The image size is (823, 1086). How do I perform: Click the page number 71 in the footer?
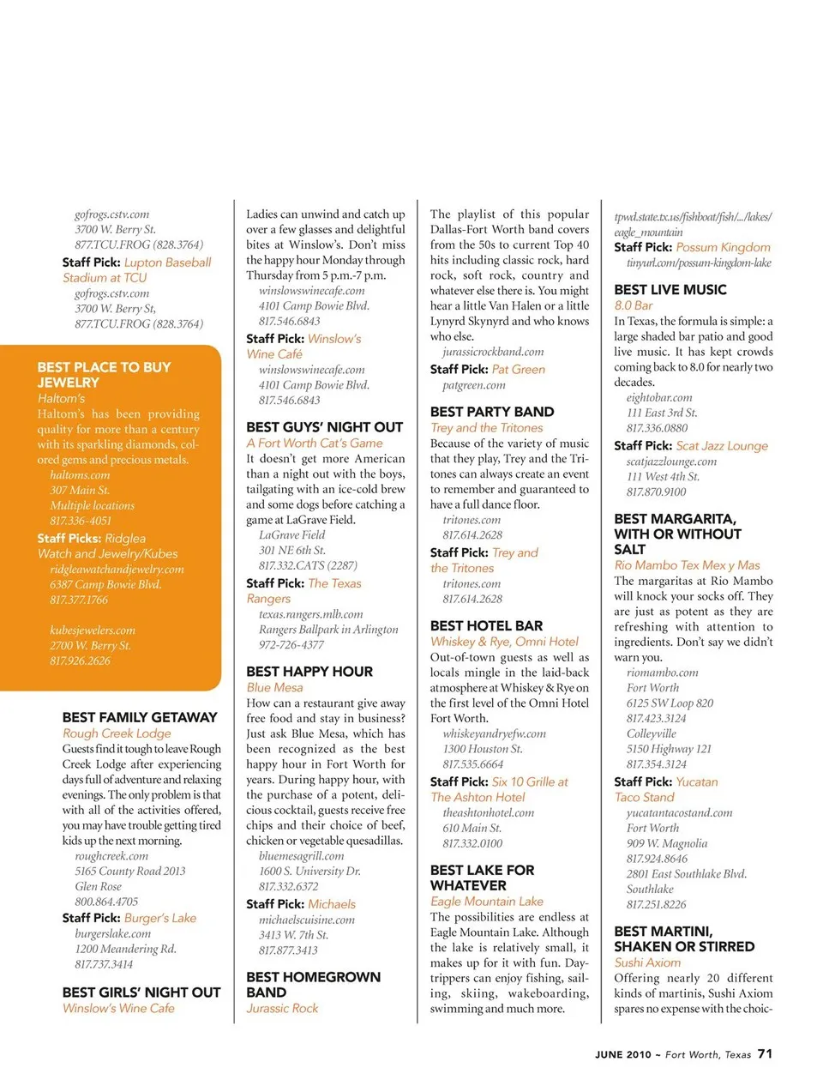(765, 1053)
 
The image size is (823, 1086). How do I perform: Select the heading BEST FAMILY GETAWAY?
(140, 717)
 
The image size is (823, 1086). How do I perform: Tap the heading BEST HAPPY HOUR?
(309, 672)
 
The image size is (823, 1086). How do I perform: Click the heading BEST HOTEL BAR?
(486, 626)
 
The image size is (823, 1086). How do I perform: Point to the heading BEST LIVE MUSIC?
(670, 290)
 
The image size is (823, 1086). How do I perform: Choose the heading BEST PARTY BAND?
(492, 412)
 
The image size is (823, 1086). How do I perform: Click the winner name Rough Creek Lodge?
(117, 733)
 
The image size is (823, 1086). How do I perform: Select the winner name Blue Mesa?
(274, 688)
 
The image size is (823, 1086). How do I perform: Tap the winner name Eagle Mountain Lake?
(486, 902)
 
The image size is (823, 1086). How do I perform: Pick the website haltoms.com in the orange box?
(80, 475)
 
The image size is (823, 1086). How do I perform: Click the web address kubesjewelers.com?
(93, 630)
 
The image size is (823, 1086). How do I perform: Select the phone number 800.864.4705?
(106, 902)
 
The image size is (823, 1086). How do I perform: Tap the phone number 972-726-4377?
(291, 644)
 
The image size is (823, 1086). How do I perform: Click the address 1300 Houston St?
(482, 749)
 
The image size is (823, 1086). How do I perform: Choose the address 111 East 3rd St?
(661, 413)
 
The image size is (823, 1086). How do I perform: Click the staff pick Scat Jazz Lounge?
(722, 446)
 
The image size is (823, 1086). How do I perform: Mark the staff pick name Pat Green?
(519, 370)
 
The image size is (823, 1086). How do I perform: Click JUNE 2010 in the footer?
(623, 1055)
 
